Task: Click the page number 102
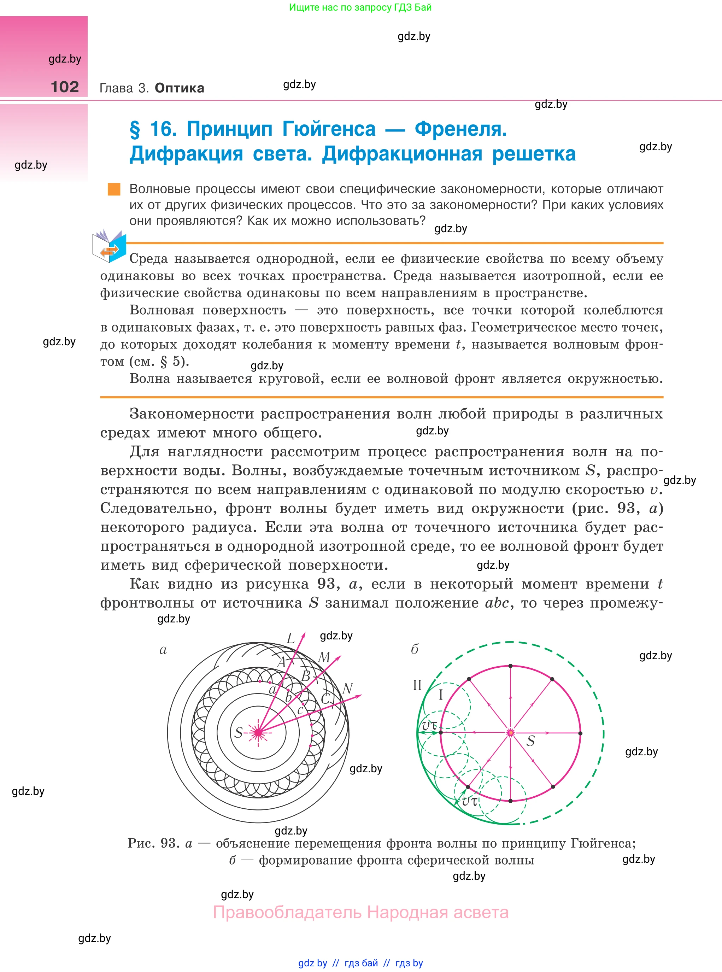(65, 87)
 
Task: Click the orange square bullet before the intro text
(114, 189)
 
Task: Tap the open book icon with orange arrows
(109, 246)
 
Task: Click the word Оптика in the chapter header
(179, 88)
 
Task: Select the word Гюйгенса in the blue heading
(329, 129)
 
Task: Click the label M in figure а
(324, 657)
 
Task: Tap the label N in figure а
(347, 689)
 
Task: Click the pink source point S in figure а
(258, 732)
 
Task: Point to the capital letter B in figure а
(306, 676)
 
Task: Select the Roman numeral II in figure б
(417, 685)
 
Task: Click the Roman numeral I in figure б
(441, 695)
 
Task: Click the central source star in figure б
(510, 732)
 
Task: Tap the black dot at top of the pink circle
(510, 666)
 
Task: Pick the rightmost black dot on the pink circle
(580, 733)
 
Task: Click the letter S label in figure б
(530, 741)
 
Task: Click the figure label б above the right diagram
(414, 649)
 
